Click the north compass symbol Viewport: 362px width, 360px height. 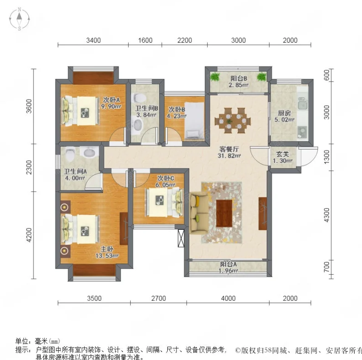(19, 19)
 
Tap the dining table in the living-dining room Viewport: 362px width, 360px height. (232, 121)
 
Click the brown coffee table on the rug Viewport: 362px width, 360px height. (224, 214)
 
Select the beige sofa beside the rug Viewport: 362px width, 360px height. (199, 213)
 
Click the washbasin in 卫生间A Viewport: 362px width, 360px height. (89, 152)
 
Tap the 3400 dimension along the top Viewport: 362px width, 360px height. (93, 40)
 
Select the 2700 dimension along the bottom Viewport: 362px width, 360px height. (159, 298)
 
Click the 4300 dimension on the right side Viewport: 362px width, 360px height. (327, 215)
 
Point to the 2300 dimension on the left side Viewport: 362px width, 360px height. (28, 167)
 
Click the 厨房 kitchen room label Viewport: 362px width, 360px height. (284, 113)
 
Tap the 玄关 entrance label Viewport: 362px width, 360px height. (283, 154)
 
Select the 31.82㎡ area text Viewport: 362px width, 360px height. (229, 156)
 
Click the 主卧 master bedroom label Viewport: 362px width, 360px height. (107, 249)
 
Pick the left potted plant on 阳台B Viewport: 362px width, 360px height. (215, 77)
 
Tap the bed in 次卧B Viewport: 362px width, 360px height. (194, 121)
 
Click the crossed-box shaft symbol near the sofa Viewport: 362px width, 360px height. (181, 238)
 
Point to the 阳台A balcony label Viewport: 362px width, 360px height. (228, 264)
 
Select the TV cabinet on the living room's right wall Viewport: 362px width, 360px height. (263, 214)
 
